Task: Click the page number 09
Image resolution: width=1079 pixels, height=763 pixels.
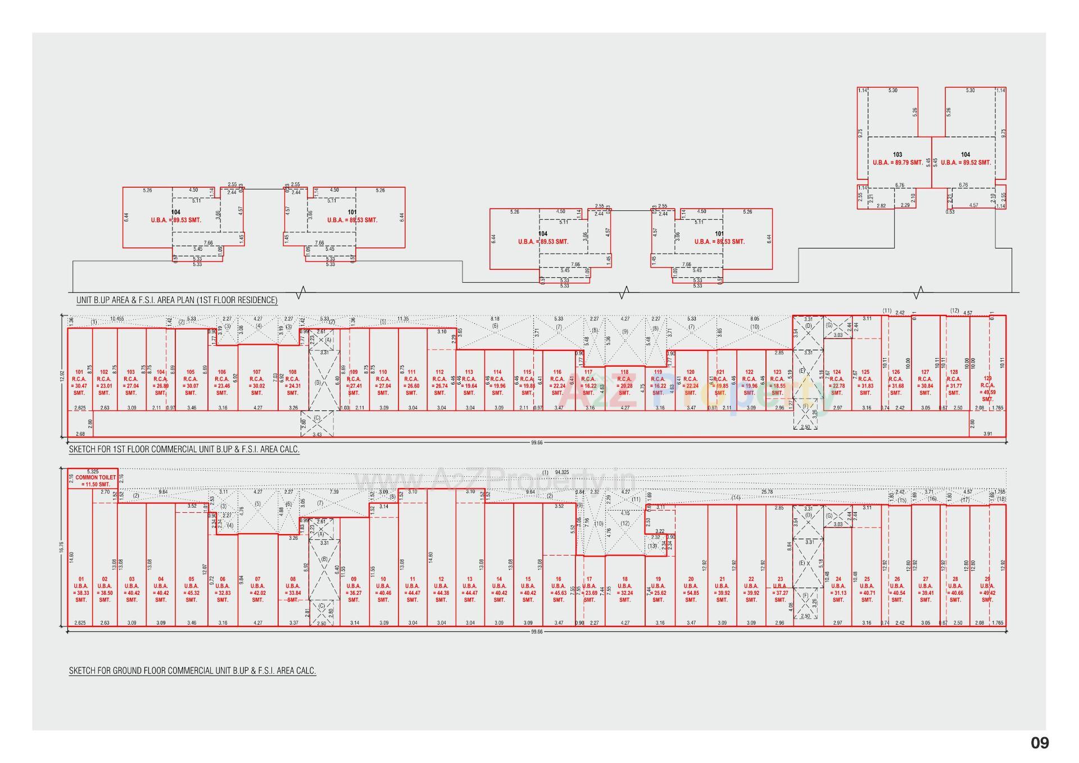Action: tap(1039, 743)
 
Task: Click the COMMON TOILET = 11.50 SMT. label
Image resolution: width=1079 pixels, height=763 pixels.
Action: tap(96, 481)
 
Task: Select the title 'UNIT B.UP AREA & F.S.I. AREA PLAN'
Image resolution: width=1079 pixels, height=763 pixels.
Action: tap(176, 300)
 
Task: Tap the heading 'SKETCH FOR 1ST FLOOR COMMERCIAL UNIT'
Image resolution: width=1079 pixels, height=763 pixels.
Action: tap(184, 449)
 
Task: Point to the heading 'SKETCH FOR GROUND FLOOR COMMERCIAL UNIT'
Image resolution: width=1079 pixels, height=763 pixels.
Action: tap(192, 671)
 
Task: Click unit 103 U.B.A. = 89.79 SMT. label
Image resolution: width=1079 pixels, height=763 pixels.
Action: tap(897, 159)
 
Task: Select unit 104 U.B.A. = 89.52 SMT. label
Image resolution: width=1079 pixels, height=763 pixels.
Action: tap(965, 159)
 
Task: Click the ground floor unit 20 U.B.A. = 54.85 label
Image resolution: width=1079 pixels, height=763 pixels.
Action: tap(691, 589)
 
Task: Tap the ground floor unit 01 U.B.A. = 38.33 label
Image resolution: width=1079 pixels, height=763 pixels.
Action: tap(81, 589)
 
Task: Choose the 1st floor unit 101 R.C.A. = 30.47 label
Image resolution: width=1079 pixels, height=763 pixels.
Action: tap(79, 382)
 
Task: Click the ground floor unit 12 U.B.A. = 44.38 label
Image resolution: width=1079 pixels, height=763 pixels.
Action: tap(441, 589)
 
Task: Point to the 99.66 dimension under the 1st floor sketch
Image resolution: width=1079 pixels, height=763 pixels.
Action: tap(537, 443)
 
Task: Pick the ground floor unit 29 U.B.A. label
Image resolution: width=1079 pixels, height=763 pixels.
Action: tap(987, 589)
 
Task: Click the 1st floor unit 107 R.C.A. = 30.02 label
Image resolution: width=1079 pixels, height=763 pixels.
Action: tap(257, 382)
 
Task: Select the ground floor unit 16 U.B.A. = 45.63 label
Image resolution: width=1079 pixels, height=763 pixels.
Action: tap(558, 589)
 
